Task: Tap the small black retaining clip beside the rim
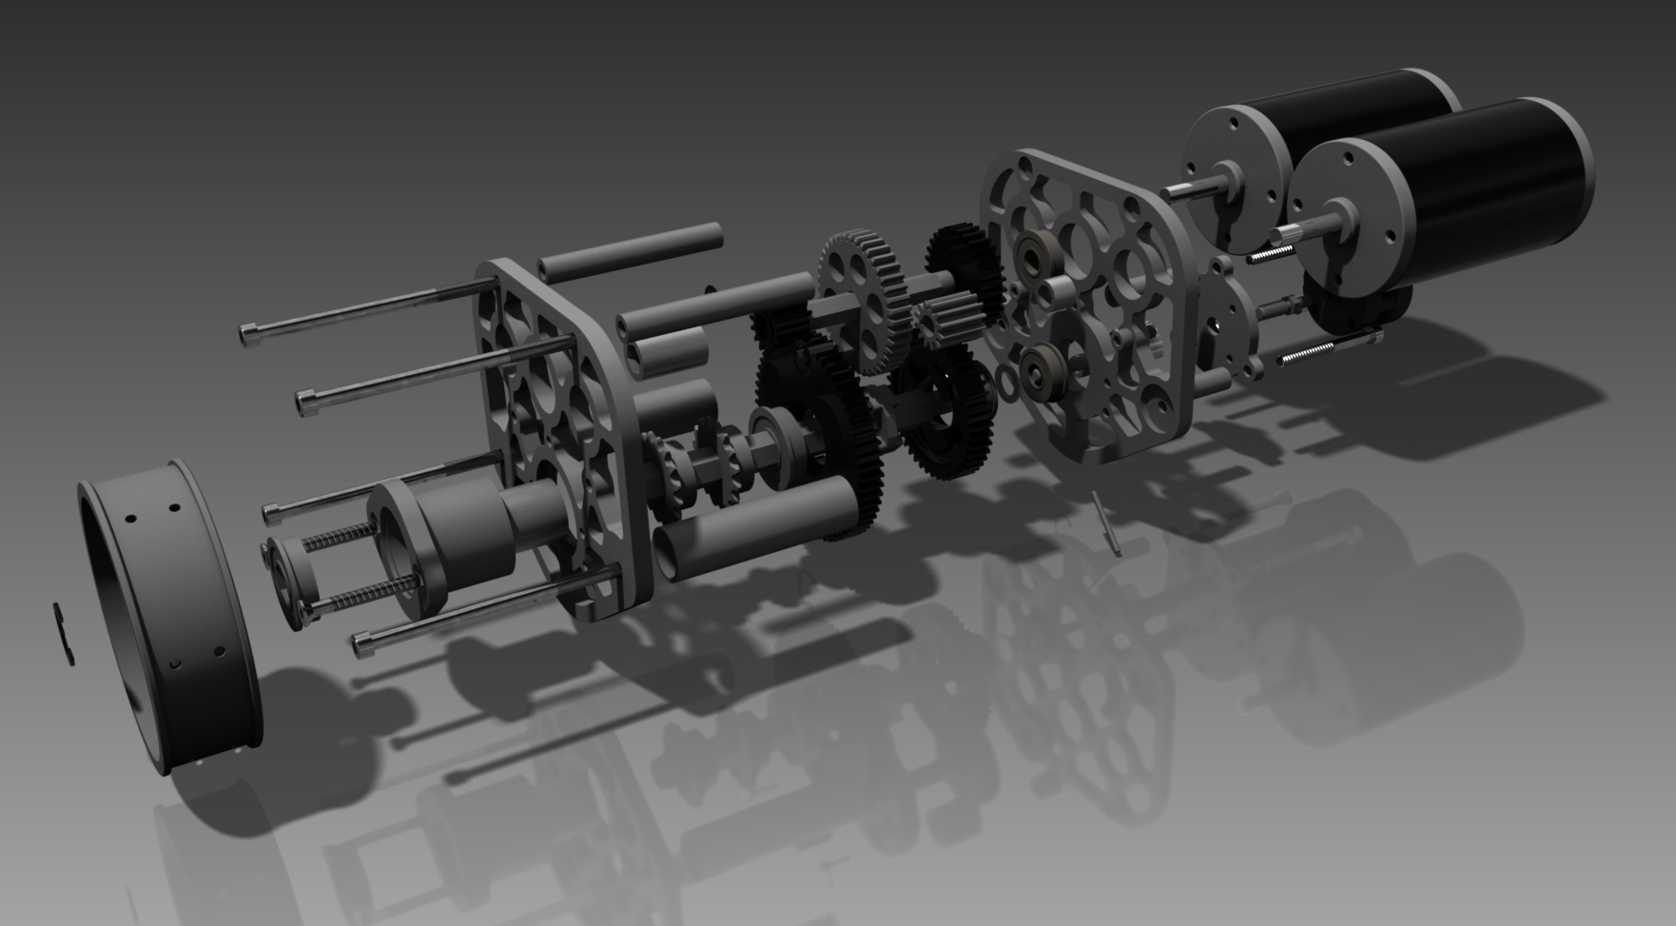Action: [65, 634]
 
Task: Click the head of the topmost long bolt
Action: [248, 334]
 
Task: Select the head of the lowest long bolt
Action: [362, 644]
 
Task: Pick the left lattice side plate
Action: [552, 428]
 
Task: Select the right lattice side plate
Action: [1084, 305]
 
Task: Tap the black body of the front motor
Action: [1493, 190]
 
